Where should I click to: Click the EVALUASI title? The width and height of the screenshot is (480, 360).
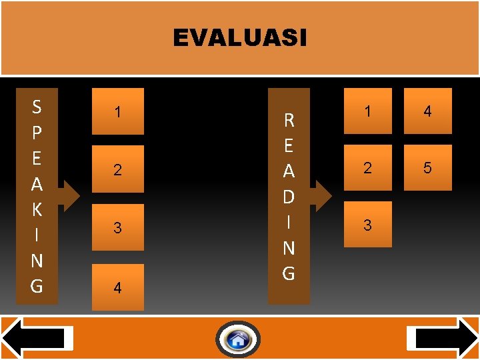240,38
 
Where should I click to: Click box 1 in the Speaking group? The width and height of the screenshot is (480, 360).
118,111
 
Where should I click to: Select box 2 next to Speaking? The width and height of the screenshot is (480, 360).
118,169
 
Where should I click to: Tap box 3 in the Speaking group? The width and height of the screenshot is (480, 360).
118,227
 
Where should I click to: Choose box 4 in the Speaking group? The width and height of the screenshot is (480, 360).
118,287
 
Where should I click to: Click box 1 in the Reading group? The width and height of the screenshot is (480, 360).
367,111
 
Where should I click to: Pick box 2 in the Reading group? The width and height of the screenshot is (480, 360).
367,168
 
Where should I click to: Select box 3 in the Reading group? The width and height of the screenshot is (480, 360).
367,225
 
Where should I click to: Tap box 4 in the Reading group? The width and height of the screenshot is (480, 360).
427,111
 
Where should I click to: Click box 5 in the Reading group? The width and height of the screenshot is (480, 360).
427,168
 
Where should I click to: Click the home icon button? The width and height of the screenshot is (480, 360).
238,340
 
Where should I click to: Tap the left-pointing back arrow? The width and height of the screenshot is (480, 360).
37,339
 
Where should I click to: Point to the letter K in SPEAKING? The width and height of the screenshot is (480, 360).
37,209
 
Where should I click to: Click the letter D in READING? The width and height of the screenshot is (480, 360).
289,197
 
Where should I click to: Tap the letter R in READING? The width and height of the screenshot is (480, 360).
289,121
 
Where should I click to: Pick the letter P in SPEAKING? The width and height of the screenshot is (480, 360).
37,132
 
